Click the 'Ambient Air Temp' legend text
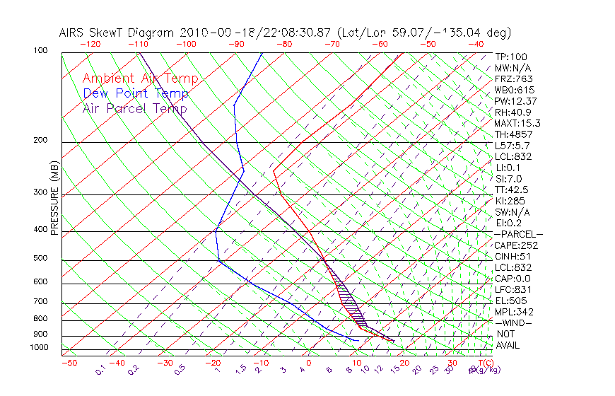140,79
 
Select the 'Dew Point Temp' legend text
136,94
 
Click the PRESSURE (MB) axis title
54,199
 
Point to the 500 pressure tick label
40,259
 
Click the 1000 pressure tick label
38,348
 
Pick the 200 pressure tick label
40,141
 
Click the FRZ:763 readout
514,78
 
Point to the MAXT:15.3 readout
517,123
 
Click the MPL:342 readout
514,312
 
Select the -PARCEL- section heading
518,234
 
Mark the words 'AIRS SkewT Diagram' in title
117,33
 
